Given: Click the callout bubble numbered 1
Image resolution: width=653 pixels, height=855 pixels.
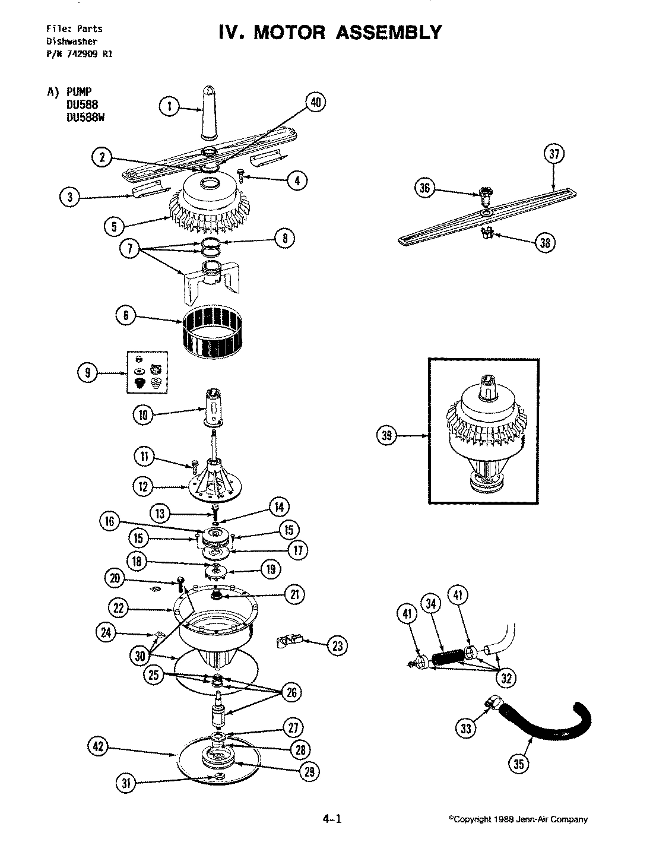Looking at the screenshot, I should pyautogui.click(x=169, y=107).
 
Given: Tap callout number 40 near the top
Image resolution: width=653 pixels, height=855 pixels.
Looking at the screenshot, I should pyautogui.click(x=315, y=103).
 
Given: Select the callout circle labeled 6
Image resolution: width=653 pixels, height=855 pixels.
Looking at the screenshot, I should pyautogui.click(x=126, y=316).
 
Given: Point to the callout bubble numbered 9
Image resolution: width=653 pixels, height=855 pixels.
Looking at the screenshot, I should pyautogui.click(x=88, y=373).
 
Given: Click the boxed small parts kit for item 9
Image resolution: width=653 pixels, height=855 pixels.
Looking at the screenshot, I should pyautogui.click(x=148, y=372).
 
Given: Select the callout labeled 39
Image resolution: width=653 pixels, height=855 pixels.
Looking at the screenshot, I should pyautogui.click(x=388, y=436).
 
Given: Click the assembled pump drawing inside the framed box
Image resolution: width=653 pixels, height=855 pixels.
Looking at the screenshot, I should pyautogui.click(x=483, y=431).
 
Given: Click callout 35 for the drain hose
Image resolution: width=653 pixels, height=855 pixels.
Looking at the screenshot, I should pyautogui.click(x=519, y=764).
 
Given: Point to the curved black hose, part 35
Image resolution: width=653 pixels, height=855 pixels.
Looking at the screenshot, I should pyautogui.click(x=552, y=727).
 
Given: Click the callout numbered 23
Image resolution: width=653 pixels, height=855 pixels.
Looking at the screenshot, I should pyautogui.click(x=337, y=646).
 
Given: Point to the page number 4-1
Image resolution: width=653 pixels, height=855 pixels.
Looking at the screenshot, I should pyautogui.click(x=332, y=819).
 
